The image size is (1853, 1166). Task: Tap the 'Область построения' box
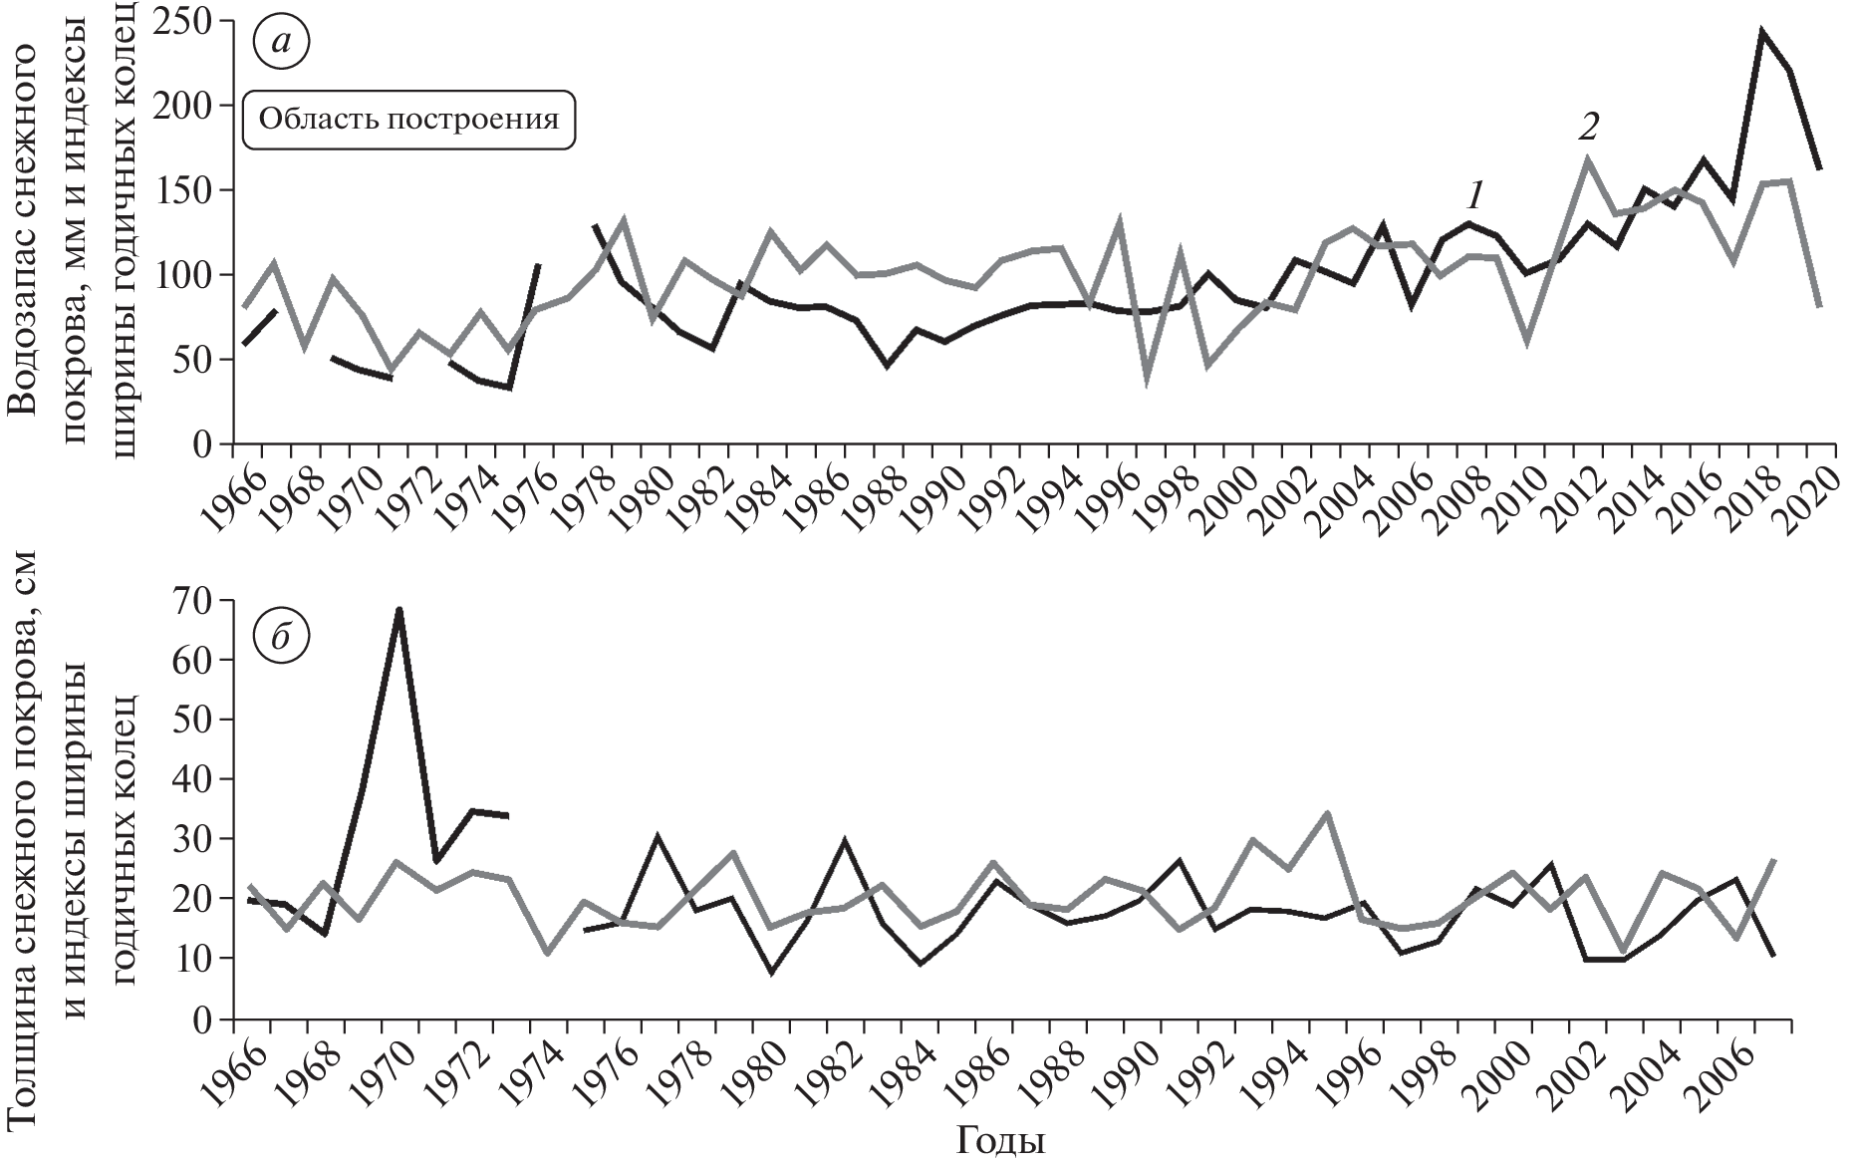pos(409,121)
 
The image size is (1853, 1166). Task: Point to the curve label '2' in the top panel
pos(1588,127)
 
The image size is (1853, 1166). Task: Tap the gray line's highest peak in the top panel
pos(1587,157)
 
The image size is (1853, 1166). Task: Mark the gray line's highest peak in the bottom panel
pos(1326,813)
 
